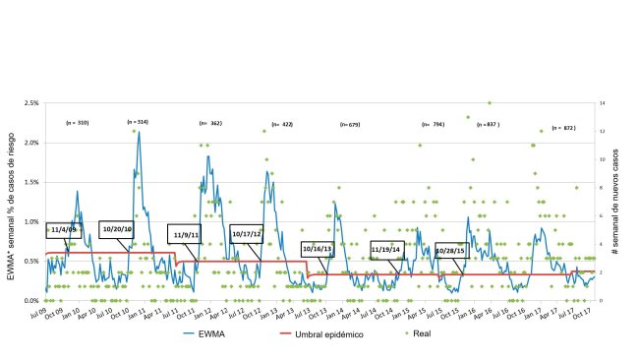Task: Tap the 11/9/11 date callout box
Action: coord(185,235)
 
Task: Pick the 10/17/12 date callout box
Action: coord(246,234)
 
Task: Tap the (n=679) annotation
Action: coord(349,125)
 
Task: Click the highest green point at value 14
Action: coord(489,102)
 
